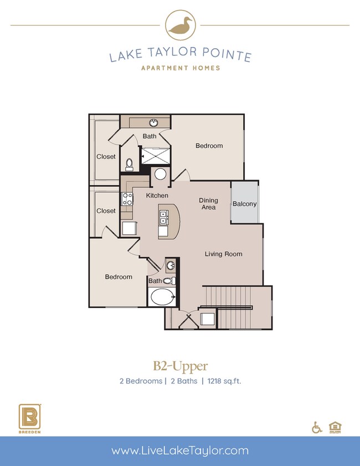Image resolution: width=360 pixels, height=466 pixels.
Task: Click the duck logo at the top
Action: coord(180,25)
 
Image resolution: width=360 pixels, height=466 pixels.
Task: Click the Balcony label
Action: coord(244,204)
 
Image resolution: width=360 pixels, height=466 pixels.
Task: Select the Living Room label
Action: coord(223,254)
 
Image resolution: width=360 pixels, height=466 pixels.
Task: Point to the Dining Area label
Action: coord(209,204)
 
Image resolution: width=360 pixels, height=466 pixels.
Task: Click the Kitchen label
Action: coord(157,196)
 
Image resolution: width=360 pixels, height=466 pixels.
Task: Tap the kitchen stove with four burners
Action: coord(127,199)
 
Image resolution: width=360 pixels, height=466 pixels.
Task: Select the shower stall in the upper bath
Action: coord(156,157)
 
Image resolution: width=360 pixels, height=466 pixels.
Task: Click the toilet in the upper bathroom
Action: coord(130,164)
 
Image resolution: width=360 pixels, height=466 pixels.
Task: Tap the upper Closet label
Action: coord(106,157)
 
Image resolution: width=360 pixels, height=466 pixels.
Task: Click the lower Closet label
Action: coord(106,211)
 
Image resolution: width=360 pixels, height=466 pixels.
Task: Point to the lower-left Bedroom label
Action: coord(119,277)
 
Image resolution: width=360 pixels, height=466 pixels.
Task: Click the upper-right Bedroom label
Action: coord(209,146)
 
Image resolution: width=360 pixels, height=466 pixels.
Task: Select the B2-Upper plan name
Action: coord(180,366)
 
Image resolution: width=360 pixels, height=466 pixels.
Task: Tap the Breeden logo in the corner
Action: coord(28,418)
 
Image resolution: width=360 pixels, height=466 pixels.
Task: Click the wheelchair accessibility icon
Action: coord(317,427)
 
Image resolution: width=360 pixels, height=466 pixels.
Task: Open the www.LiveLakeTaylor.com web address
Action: coord(180,451)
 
